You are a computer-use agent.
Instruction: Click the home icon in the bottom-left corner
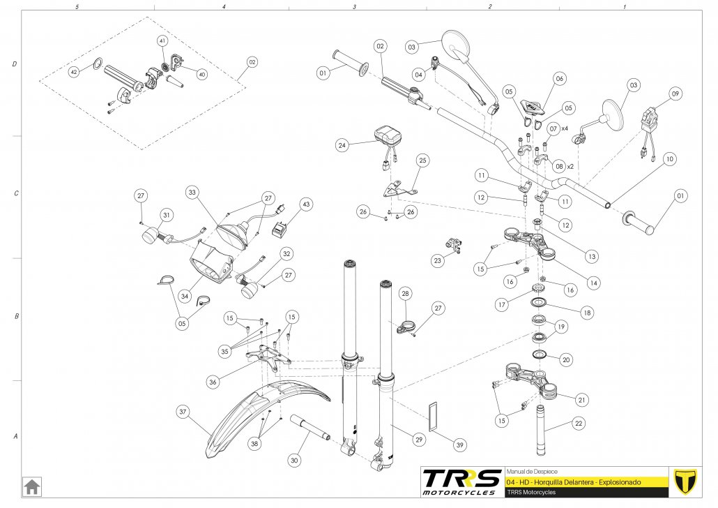pyautogui.click(x=31, y=485)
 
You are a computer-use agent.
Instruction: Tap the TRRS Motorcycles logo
pyautogui.click(x=461, y=481)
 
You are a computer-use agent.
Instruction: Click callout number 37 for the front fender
pyautogui.click(x=183, y=412)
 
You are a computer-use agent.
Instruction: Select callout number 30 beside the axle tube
pyautogui.click(x=294, y=461)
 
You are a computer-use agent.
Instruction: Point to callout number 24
pyautogui.click(x=342, y=146)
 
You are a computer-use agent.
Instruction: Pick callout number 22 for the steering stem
pyautogui.click(x=579, y=423)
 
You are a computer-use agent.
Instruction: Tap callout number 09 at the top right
pyautogui.click(x=675, y=94)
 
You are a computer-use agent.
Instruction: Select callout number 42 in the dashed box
pyautogui.click(x=74, y=72)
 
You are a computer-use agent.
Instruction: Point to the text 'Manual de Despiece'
pyautogui.click(x=531, y=472)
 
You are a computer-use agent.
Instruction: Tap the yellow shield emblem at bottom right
pyautogui.click(x=687, y=481)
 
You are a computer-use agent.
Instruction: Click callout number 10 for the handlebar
pyautogui.click(x=669, y=159)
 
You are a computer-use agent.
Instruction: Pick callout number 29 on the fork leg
pyautogui.click(x=419, y=440)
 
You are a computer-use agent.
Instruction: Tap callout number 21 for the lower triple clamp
pyautogui.click(x=581, y=400)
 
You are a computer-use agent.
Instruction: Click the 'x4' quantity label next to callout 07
pyautogui.click(x=565, y=129)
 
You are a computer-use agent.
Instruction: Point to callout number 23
pyautogui.click(x=438, y=261)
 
